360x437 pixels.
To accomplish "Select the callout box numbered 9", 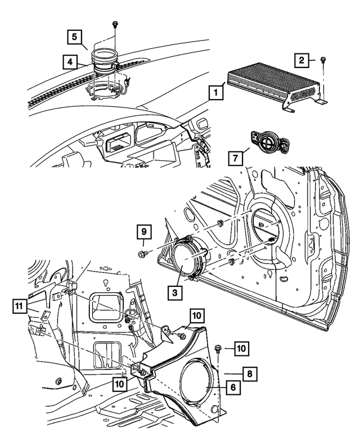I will click(143, 231).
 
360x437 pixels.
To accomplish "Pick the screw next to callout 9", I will click(143, 254).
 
